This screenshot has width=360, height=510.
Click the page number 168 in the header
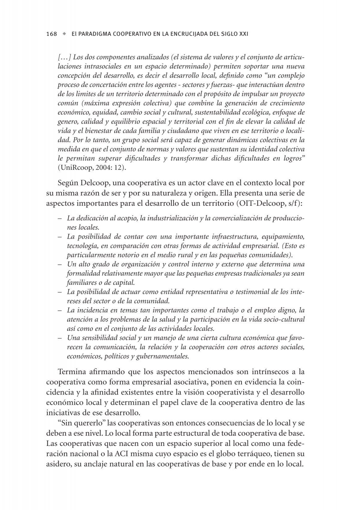click(x=52, y=34)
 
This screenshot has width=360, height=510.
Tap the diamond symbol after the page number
click(x=64, y=34)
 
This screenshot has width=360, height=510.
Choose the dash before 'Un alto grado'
click(x=60, y=264)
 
